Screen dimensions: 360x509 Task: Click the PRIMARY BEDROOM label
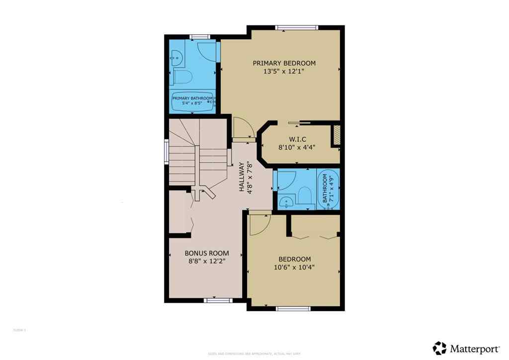tap(284, 63)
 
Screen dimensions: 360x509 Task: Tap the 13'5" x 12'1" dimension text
tap(284, 72)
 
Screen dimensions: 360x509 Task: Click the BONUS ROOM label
tap(207, 253)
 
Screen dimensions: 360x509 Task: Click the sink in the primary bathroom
tap(176, 59)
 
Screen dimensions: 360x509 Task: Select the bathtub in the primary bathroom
tap(193, 101)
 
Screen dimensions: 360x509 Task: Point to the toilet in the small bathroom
tap(305, 196)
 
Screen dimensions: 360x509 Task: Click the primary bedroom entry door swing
tap(243, 127)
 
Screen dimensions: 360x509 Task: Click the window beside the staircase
tap(167, 151)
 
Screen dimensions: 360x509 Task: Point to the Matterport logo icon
tap(439, 348)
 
